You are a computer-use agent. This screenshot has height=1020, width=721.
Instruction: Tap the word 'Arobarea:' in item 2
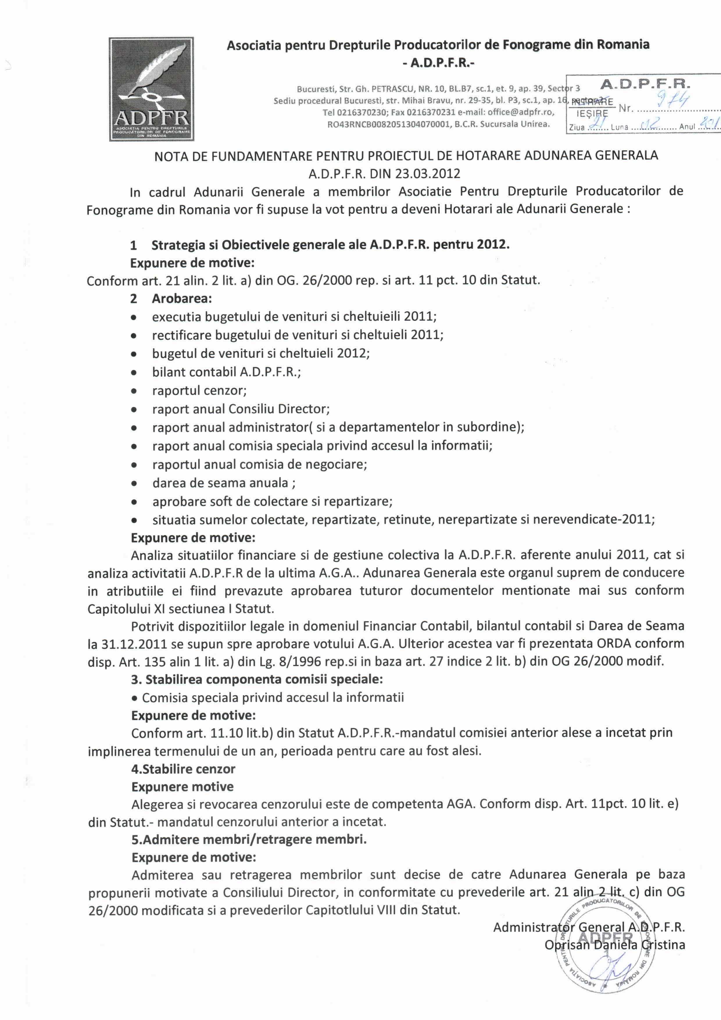point(182,298)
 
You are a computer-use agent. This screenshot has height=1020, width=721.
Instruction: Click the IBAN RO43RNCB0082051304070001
point(388,124)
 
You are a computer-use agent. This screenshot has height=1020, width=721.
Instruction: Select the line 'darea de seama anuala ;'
point(224,483)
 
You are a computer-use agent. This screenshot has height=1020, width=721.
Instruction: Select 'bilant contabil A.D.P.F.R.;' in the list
point(226,372)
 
